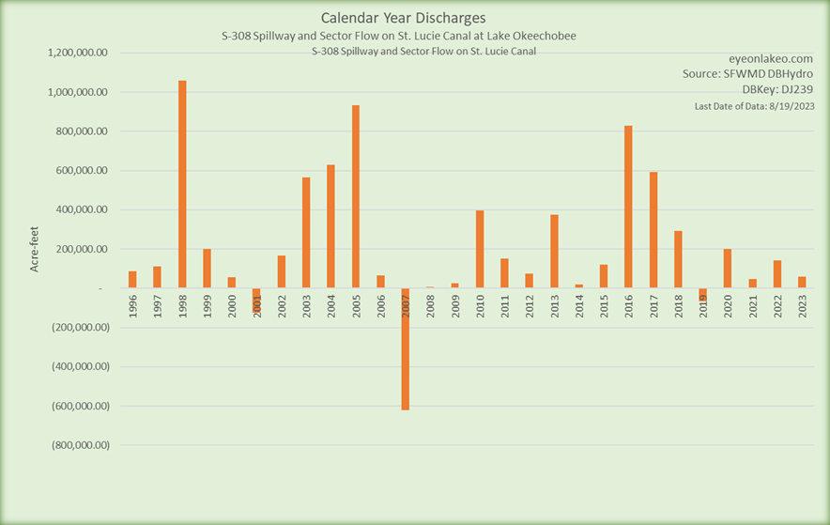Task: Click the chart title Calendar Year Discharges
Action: click(403, 18)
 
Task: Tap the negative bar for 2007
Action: click(406, 348)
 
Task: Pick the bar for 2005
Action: click(356, 196)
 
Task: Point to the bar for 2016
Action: click(628, 207)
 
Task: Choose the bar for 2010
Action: click(480, 249)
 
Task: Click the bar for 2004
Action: click(330, 226)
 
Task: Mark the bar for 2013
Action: click(554, 251)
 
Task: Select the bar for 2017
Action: click(653, 230)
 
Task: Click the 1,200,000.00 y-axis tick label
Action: click(77, 54)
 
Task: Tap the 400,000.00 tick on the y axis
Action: click(81, 210)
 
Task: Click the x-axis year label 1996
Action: click(133, 307)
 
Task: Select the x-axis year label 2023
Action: click(802, 307)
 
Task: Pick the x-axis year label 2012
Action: click(530, 307)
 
